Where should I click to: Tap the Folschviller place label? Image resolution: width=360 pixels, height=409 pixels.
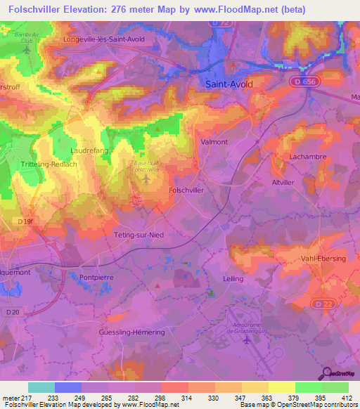click(187, 190)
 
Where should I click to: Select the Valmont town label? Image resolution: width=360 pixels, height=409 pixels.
click(214, 141)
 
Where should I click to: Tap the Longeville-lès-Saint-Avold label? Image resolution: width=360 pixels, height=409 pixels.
click(113, 39)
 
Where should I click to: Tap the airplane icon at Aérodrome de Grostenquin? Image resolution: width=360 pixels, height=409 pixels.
click(246, 341)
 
